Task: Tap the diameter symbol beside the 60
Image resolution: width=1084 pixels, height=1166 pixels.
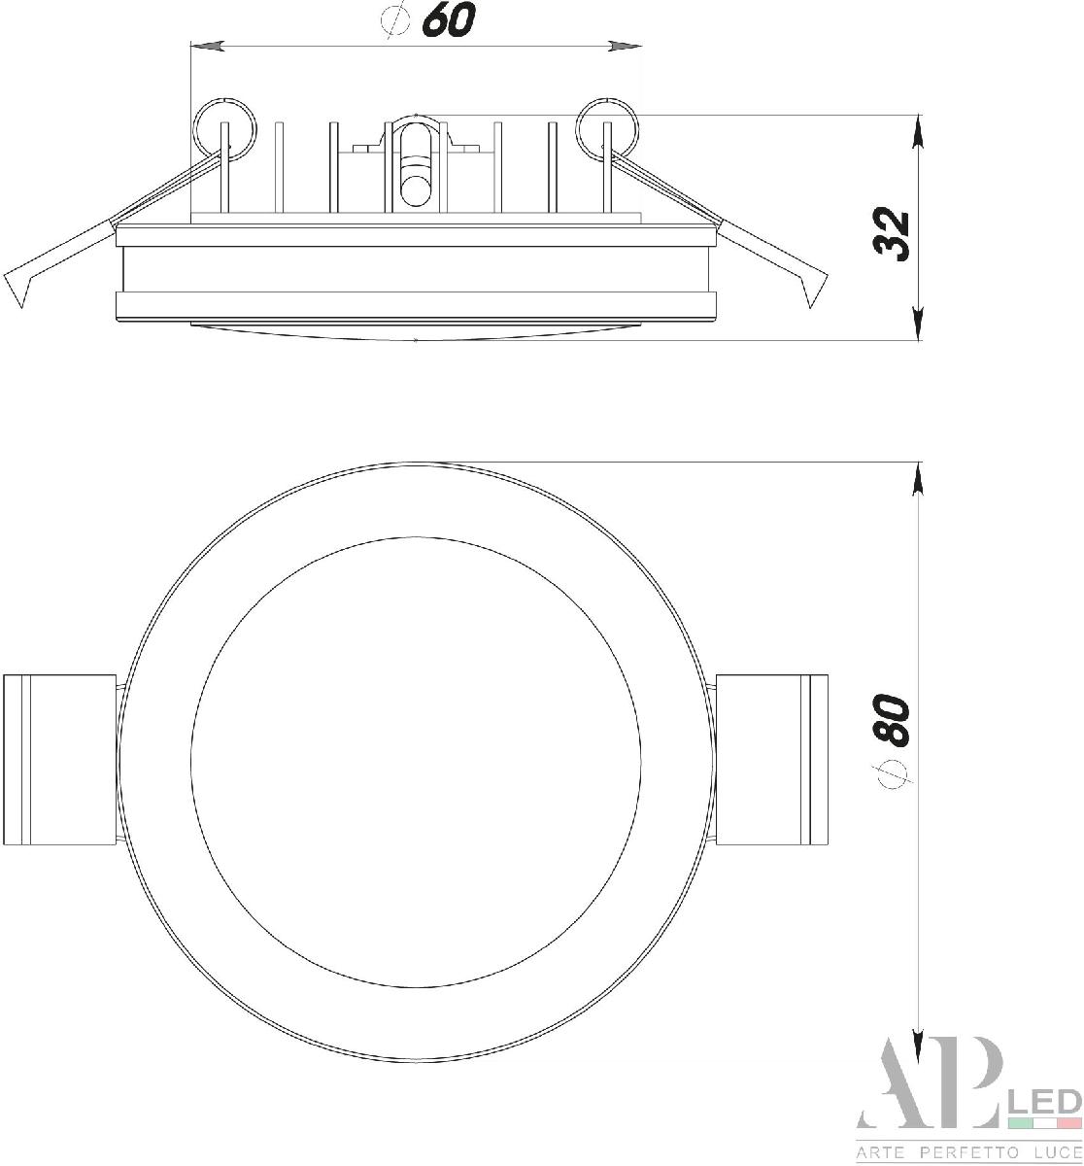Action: pos(394,19)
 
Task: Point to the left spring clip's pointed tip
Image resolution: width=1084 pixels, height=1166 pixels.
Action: pos(21,307)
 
